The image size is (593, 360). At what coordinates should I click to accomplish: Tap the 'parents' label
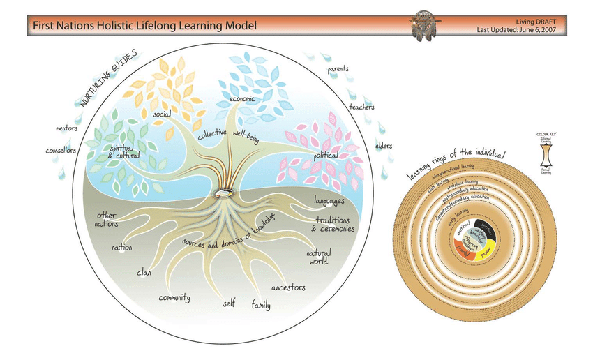[x=338, y=69]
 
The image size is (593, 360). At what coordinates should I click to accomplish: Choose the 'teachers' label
[x=361, y=107]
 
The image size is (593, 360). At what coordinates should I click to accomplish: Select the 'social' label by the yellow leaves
[x=163, y=113]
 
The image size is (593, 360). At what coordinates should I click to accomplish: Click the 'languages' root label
[x=329, y=201]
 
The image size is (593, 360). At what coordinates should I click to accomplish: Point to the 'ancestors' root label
[x=287, y=287]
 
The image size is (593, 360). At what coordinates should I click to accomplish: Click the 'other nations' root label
[x=107, y=219]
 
